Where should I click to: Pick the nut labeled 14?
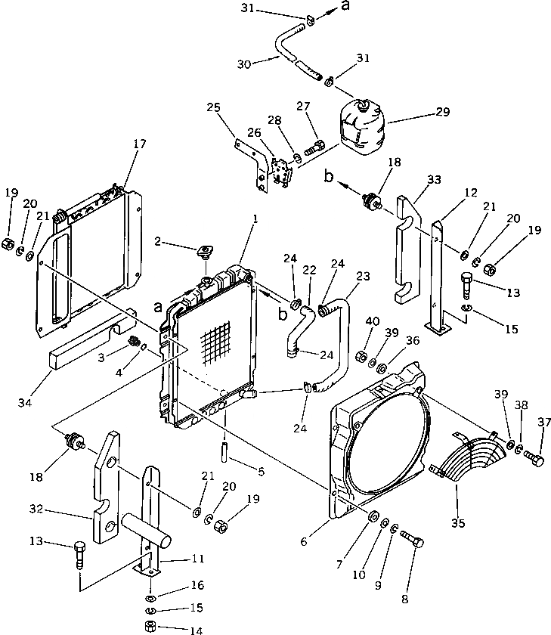pyautogui.click(x=150, y=627)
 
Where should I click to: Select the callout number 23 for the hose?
pyautogui.click(x=363, y=277)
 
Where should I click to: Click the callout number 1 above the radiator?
pyautogui.click(x=256, y=218)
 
